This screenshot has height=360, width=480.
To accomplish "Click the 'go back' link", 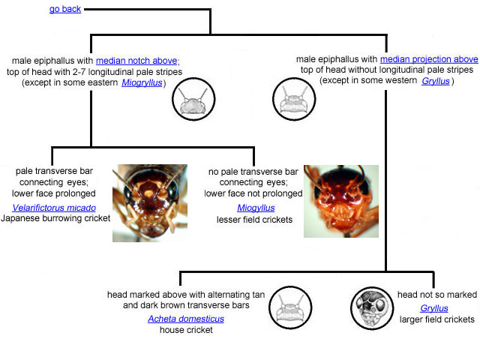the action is (x=65, y=9).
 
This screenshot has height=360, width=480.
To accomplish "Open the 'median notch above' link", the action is (x=136, y=61).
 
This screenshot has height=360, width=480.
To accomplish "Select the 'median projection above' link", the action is (x=429, y=59).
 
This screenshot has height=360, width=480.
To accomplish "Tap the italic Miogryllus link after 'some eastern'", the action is (x=142, y=82).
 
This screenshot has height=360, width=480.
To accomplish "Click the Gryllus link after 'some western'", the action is (x=436, y=81).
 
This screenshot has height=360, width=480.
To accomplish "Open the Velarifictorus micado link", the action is (x=54, y=208).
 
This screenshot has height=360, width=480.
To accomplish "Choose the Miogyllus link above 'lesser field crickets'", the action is (x=256, y=208).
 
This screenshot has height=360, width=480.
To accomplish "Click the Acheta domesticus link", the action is (x=186, y=319).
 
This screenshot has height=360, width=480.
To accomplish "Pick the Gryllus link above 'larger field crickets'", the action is (x=434, y=308).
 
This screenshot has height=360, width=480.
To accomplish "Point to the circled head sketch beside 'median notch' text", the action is (x=193, y=99).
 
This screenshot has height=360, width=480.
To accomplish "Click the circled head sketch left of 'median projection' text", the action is (x=294, y=99).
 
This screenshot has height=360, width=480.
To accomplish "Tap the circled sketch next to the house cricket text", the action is (x=290, y=307).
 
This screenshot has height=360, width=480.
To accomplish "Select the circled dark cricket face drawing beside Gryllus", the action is (x=372, y=308).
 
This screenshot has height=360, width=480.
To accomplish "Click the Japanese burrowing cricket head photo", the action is (x=150, y=203).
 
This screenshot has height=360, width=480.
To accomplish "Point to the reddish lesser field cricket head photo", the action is (x=341, y=202).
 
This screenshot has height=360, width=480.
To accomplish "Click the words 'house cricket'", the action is (x=186, y=330).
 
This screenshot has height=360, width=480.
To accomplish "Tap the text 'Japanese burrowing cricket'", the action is (x=55, y=218).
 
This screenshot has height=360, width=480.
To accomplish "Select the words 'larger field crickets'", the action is (x=436, y=319).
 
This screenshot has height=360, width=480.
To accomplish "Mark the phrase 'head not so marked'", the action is (x=437, y=295).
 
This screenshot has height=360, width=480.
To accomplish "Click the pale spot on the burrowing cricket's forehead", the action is (x=148, y=193).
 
